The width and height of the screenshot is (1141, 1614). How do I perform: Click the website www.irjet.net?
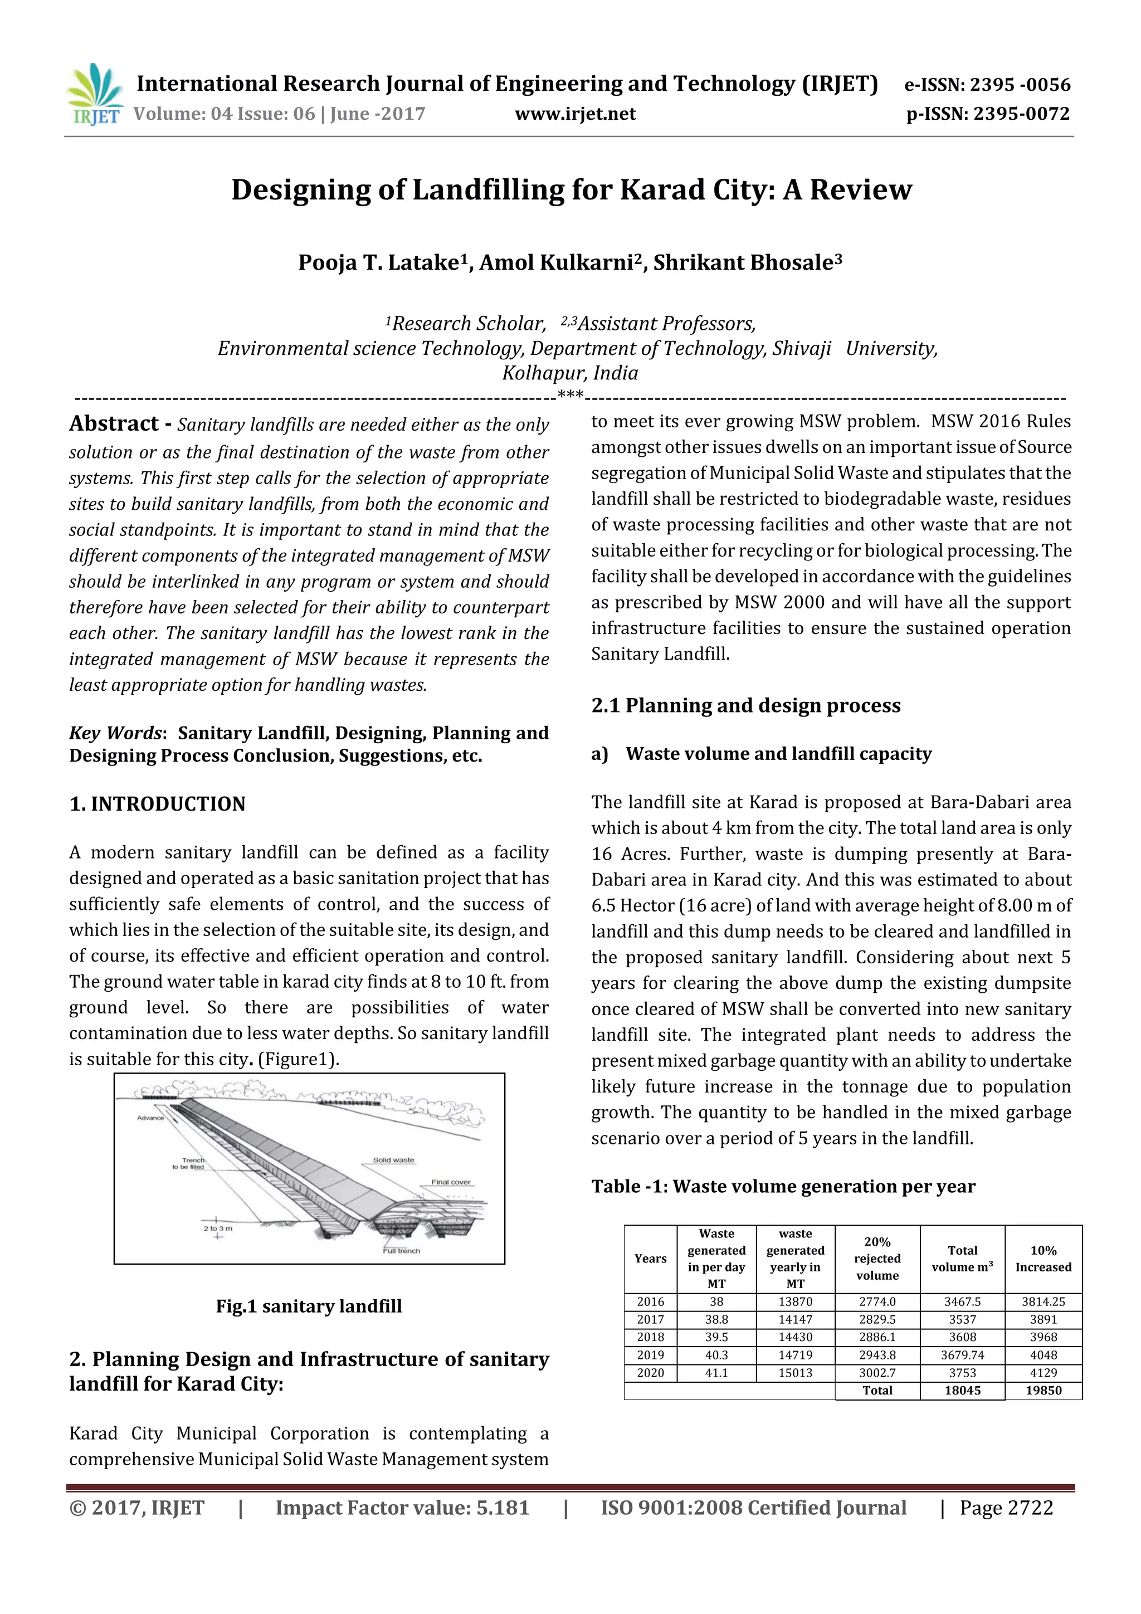coord(575,114)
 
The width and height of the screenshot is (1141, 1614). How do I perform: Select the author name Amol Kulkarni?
coord(560,262)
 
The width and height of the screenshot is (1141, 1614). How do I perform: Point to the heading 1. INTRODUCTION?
coord(158,803)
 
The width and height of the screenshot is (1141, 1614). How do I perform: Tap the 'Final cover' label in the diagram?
coord(451,1182)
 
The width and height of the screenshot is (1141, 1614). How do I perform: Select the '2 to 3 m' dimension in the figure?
coord(218,1228)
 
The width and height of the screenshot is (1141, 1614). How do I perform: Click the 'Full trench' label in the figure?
coord(402,1251)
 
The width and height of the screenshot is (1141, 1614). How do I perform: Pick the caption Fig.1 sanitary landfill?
coord(309,1306)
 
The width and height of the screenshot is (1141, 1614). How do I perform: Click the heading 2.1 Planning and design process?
coord(745,705)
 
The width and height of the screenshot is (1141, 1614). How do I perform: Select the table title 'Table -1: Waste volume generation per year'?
coord(782,1186)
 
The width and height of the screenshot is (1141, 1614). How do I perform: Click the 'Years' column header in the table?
coord(650,1259)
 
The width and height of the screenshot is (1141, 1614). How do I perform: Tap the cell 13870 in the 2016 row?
coord(794,1302)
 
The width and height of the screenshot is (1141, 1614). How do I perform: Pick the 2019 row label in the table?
coord(650,1354)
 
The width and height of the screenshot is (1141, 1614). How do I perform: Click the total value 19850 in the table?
coord(1042,1389)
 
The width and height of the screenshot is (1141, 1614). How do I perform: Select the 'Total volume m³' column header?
coord(962,1259)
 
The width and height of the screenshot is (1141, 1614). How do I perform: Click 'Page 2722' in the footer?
coord(1006,1507)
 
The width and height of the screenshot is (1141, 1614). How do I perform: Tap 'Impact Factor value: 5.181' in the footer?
coord(402,1507)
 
